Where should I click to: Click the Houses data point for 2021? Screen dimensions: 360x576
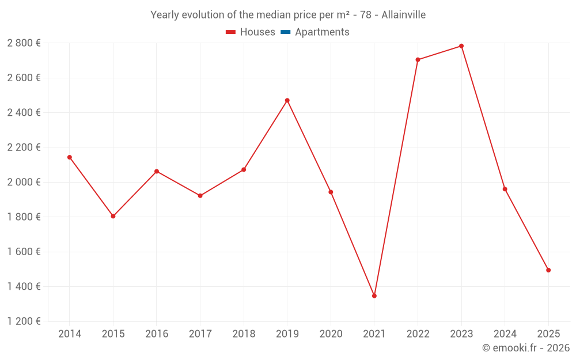pyautogui.click(x=374, y=296)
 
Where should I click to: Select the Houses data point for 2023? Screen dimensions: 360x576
pyautogui.click(x=461, y=46)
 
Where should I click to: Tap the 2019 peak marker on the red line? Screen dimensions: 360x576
pyautogui.click(x=287, y=100)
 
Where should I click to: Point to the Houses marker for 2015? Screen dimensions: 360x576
pyautogui.click(x=113, y=216)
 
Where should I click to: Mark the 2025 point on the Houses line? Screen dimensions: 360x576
pyautogui.click(x=548, y=270)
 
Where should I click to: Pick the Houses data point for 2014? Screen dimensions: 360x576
pyautogui.click(x=70, y=157)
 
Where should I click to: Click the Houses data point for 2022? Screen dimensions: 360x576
pyautogui.click(x=418, y=60)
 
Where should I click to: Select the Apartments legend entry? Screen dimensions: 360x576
pyautogui.click(x=322, y=32)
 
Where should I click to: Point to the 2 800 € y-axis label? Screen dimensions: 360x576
pyautogui.click(x=24, y=43)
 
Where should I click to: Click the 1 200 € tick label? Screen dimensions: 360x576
pyautogui.click(x=24, y=321)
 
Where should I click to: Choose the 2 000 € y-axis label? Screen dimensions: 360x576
pyautogui.click(x=24, y=182)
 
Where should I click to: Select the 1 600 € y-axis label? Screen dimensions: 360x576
pyautogui.click(x=24, y=252)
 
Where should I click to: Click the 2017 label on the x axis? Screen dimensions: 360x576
pyautogui.click(x=200, y=334)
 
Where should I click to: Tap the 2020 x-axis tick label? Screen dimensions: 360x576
pyautogui.click(x=331, y=334)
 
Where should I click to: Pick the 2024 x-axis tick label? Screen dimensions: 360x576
pyautogui.click(x=505, y=334)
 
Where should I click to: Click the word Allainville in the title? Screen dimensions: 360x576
pyautogui.click(x=404, y=15)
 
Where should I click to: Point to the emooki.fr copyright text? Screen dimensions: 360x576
pyautogui.click(x=526, y=348)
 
